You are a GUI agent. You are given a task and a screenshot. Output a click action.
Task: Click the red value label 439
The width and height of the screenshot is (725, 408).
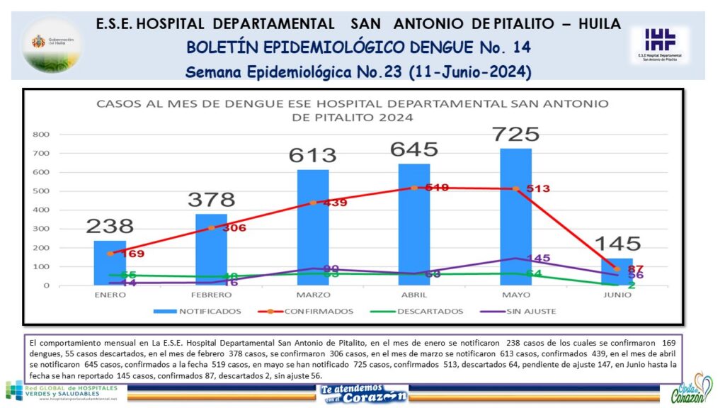point(334,203)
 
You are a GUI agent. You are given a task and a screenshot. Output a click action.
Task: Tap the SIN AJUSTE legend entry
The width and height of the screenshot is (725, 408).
point(527,311)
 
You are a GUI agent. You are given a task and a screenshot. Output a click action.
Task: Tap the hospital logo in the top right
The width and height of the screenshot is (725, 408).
point(659,44)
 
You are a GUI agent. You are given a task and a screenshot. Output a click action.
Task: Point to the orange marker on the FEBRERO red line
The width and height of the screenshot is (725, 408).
point(211,227)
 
